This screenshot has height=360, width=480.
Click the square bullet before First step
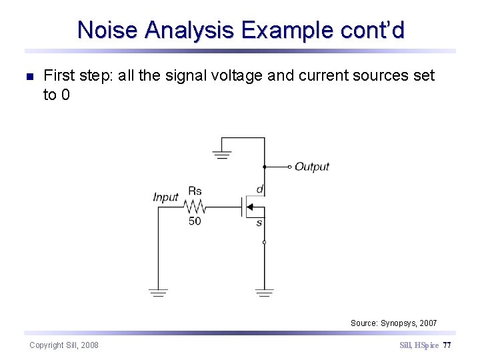click(28, 77)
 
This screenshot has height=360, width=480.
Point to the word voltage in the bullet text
click(236, 76)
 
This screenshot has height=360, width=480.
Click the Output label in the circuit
click(312, 167)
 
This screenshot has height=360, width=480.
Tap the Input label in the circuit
click(165, 197)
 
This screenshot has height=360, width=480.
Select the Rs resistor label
click(195, 191)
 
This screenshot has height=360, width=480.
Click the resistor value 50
click(195, 221)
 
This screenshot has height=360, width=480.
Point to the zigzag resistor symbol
click(195, 207)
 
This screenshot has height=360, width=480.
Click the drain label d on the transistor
click(259, 189)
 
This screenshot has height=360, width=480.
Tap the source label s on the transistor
click(259, 223)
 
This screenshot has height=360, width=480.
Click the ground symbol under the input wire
click(158, 292)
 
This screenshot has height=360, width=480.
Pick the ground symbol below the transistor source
click(264, 292)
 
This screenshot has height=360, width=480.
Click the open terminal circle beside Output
click(289, 167)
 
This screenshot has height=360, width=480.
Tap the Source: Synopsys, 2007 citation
click(393, 323)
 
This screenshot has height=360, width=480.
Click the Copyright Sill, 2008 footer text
click(64, 345)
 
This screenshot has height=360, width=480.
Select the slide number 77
click(447, 345)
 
